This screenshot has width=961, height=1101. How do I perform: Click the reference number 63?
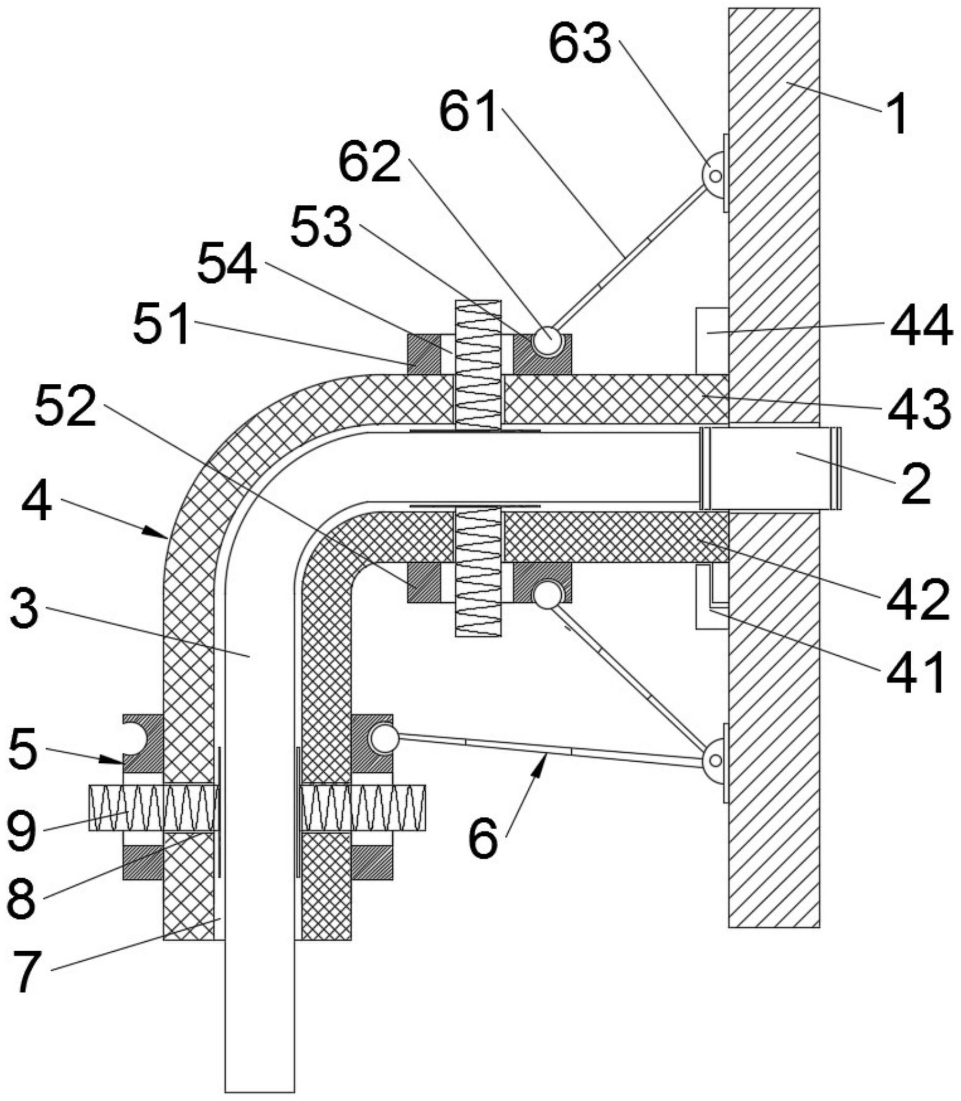580,44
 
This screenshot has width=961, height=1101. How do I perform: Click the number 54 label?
227,265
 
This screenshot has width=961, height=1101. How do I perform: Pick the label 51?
162,323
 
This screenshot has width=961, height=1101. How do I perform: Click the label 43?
919,411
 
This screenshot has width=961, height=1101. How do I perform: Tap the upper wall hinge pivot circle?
715,175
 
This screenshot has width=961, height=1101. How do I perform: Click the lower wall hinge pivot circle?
715,761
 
